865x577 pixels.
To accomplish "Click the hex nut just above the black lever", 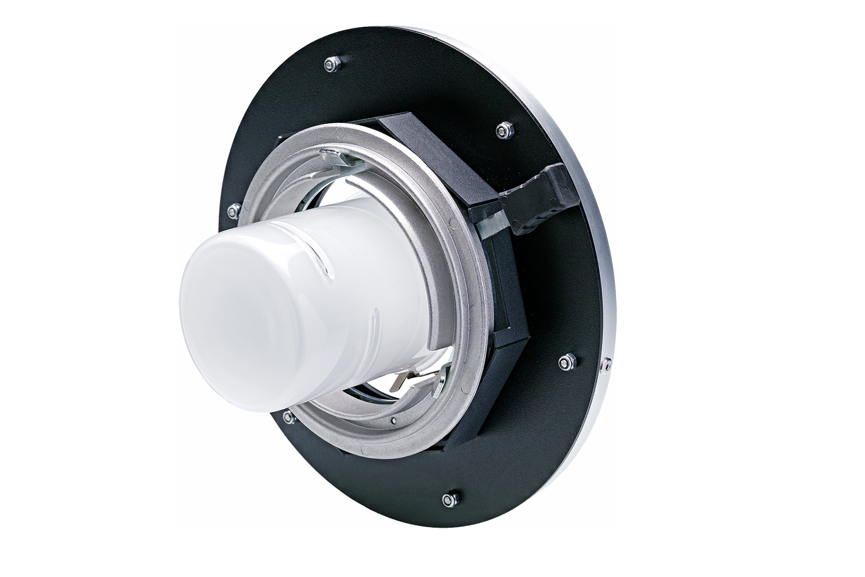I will tap(503, 130).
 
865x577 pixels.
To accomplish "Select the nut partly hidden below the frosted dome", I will tap(288, 416).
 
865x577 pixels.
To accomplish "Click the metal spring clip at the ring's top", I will tap(337, 159).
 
